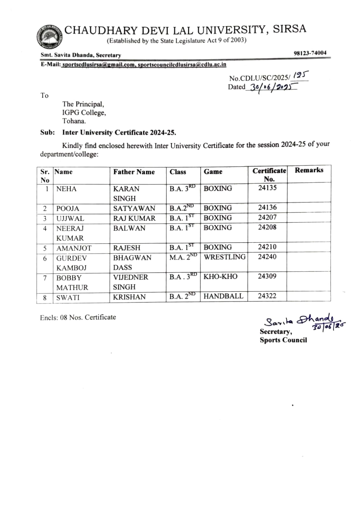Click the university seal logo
tap(49, 36)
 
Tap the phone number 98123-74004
tap(310, 53)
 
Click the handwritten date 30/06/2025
tap(273, 87)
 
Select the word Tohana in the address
tap(74, 121)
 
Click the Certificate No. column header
tap(269, 175)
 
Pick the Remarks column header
tap(309, 170)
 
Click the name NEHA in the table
tap(66, 189)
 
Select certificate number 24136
tap(267, 207)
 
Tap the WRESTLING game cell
tap(225, 257)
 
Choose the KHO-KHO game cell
tap(221, 277)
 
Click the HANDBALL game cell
tap(223, 296)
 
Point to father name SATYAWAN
tap(134, 208)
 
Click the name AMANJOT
tap(74, 248)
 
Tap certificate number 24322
tap(267, 296)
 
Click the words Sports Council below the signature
tap(283, 340)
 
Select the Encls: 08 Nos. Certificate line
tap(78, 317)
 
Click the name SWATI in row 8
tap(68, 298)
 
